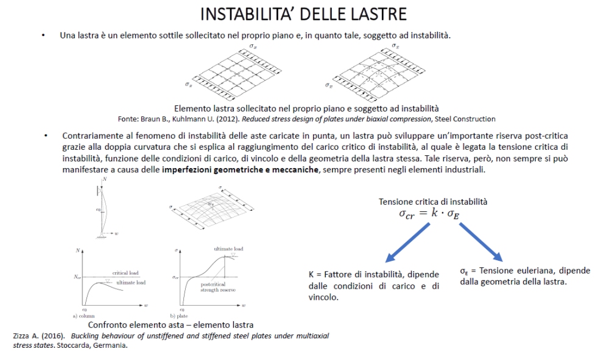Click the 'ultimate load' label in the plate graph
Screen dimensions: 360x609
click(x=228, y=249)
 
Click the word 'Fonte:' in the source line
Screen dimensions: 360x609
click(x=129, y=119)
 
